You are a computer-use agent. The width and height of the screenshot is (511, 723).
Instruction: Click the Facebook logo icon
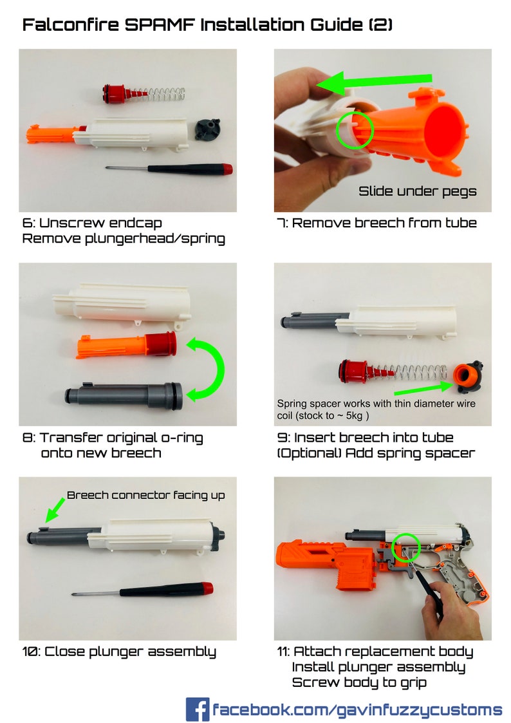point(197,709)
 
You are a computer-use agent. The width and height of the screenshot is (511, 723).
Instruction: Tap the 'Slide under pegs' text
point(417,191)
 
